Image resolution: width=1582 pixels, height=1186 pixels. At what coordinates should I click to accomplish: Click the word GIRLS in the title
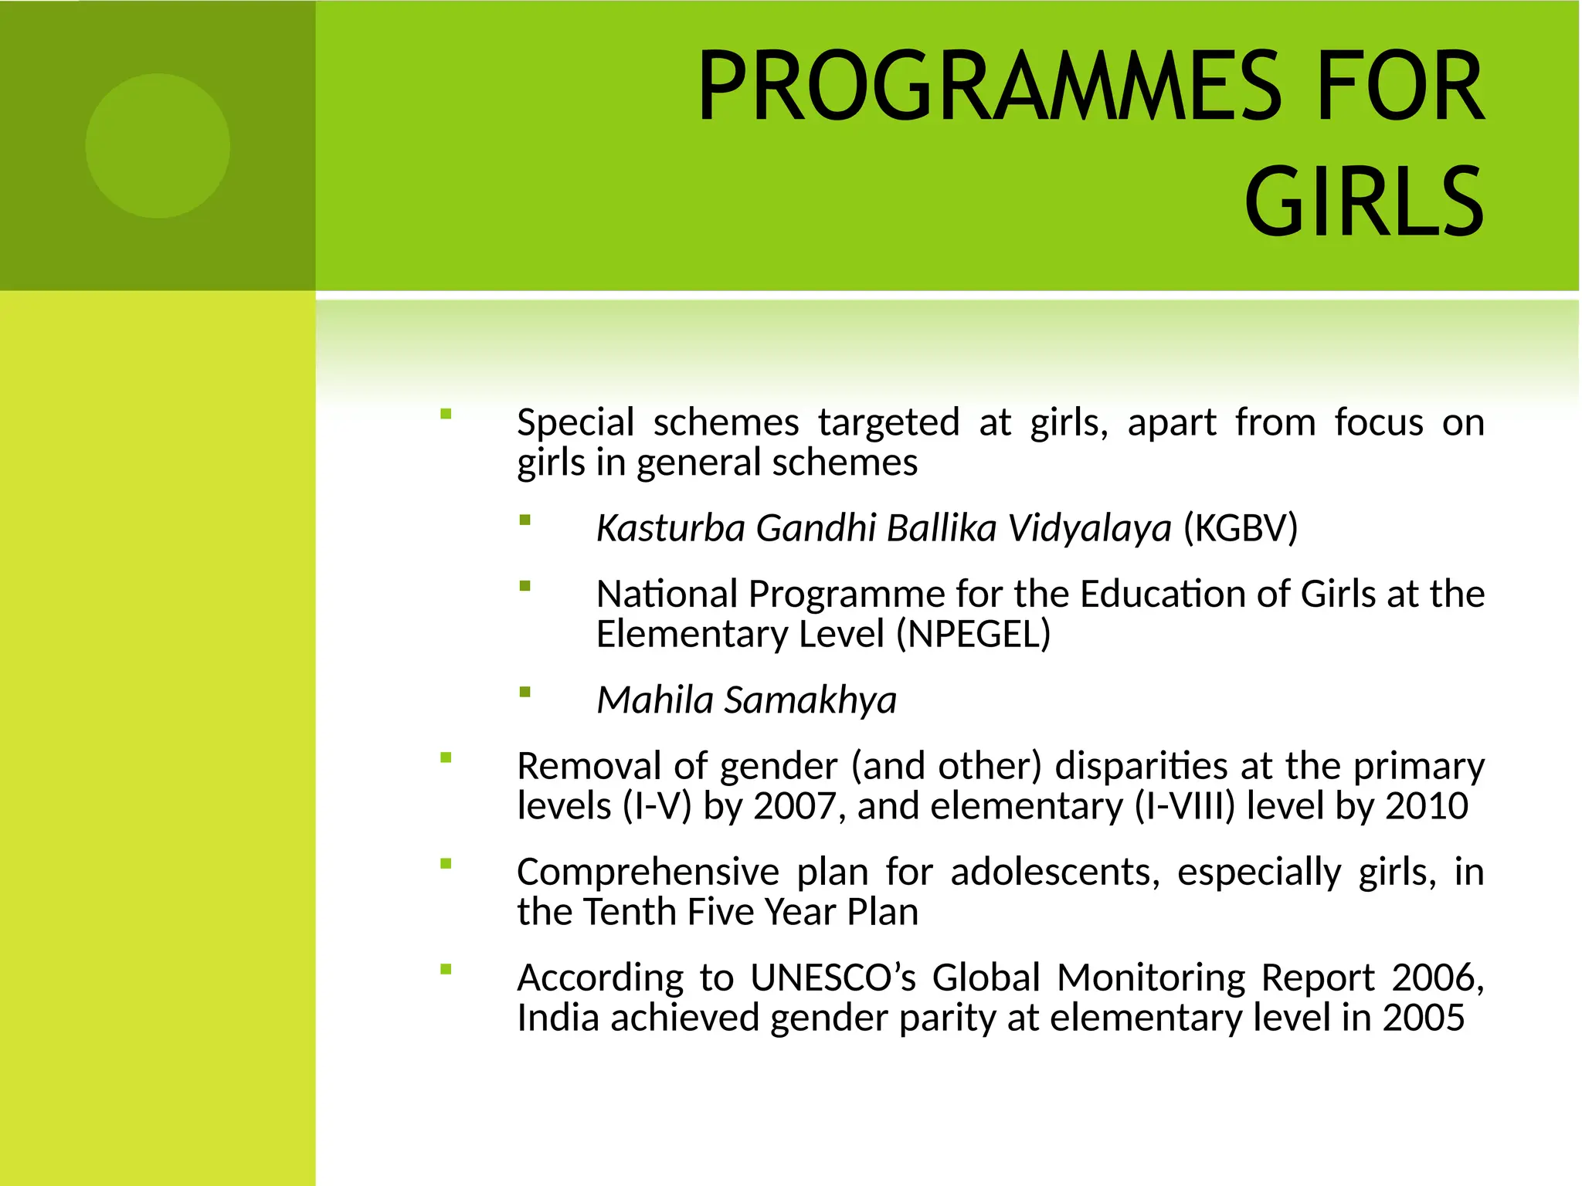click(x=1363, y=202)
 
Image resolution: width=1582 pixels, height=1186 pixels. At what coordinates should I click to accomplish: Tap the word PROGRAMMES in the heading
click(x=990, y=86)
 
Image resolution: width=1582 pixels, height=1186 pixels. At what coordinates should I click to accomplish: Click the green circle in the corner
click(x=158, y=146)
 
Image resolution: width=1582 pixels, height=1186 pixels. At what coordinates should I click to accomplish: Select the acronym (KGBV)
click(x=1240, y=528)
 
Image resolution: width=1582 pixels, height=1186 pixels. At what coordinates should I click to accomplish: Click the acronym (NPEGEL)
click(x=973, y=634)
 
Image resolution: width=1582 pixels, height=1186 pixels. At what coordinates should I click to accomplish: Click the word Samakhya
click(x=810, y=700)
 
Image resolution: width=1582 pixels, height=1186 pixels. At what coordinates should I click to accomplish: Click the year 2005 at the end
click(x=1423, y=1018)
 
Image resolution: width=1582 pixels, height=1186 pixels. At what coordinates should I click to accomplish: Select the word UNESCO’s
click(x=833, y=978)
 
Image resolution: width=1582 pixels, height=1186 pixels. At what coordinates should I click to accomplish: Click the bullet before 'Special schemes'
click(x=446, y=414)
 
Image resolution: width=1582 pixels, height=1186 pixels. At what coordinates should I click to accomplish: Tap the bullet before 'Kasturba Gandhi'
click(x=525, y=520)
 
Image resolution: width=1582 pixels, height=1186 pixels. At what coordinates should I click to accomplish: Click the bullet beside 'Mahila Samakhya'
click(x=525, y=692)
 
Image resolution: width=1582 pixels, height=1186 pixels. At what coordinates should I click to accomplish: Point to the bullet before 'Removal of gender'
click(x=446, y=757)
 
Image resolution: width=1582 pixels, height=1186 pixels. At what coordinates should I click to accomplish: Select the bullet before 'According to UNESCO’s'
click(x=446, y=970)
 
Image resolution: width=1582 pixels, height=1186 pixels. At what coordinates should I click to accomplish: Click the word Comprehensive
click(x=647, y=873)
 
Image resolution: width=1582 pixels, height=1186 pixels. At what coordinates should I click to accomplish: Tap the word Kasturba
click(x=670, y=528)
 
